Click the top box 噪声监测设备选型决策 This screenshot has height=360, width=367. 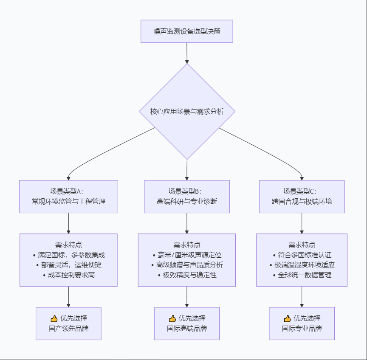tap(187, 31)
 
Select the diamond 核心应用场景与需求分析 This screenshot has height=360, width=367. tap(187, 112)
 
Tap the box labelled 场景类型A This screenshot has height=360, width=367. tap(68, 196)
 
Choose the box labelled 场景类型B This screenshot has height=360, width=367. tap(187, 196)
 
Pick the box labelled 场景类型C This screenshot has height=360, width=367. tap(302, 196)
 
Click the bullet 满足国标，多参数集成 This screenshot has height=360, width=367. tap(69, 255)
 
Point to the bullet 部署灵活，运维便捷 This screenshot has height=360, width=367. tap(69, 265)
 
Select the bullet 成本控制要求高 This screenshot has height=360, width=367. tap(69, 275)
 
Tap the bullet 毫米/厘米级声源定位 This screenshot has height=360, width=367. tap(187, 255)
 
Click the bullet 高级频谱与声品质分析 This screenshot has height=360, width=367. tap(187, 265)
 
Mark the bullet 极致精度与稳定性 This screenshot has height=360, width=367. tap(187, 275)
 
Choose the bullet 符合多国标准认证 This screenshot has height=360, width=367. tap(302, 255)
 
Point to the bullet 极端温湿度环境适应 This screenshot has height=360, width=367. tap(302, 265)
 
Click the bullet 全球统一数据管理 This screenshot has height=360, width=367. tap(302, 275)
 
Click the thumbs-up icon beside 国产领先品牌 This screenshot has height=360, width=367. tap(54, 318)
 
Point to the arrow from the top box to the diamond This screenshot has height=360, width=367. tap(187, 53)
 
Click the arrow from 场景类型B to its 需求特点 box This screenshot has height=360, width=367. tap(187, 223)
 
